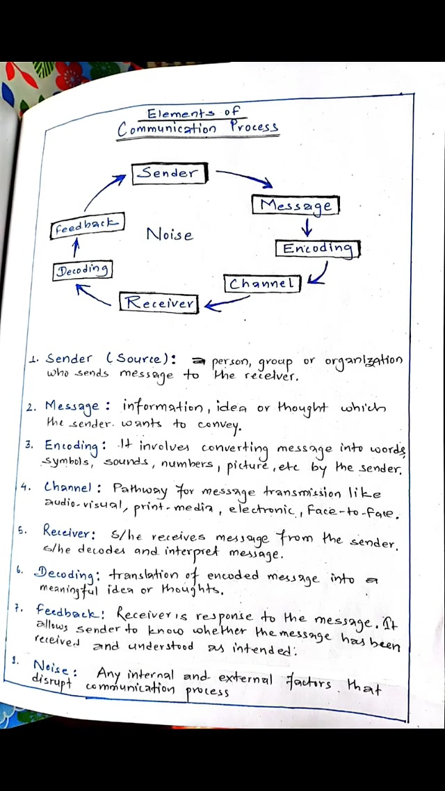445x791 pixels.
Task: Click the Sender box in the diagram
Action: (x=169, y=173)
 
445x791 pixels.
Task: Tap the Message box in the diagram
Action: (x=296, y=205)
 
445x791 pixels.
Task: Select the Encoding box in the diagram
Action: (x=318, y=248)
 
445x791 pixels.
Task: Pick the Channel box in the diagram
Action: (x=262, y=284)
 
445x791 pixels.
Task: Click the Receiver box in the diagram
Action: (x=159, y=303)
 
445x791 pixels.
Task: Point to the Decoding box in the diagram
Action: (x=83, y=270)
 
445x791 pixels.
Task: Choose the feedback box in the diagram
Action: (x=88, y=227)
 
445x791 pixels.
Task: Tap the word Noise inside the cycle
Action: (x=169, y=235)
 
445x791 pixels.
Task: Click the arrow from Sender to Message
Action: (x=245, y=178)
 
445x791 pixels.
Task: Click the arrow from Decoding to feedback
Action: (x=76, y=248)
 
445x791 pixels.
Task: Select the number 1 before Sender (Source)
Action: (x=33, y=360)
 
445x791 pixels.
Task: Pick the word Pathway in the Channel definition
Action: (x=140, y=490)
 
